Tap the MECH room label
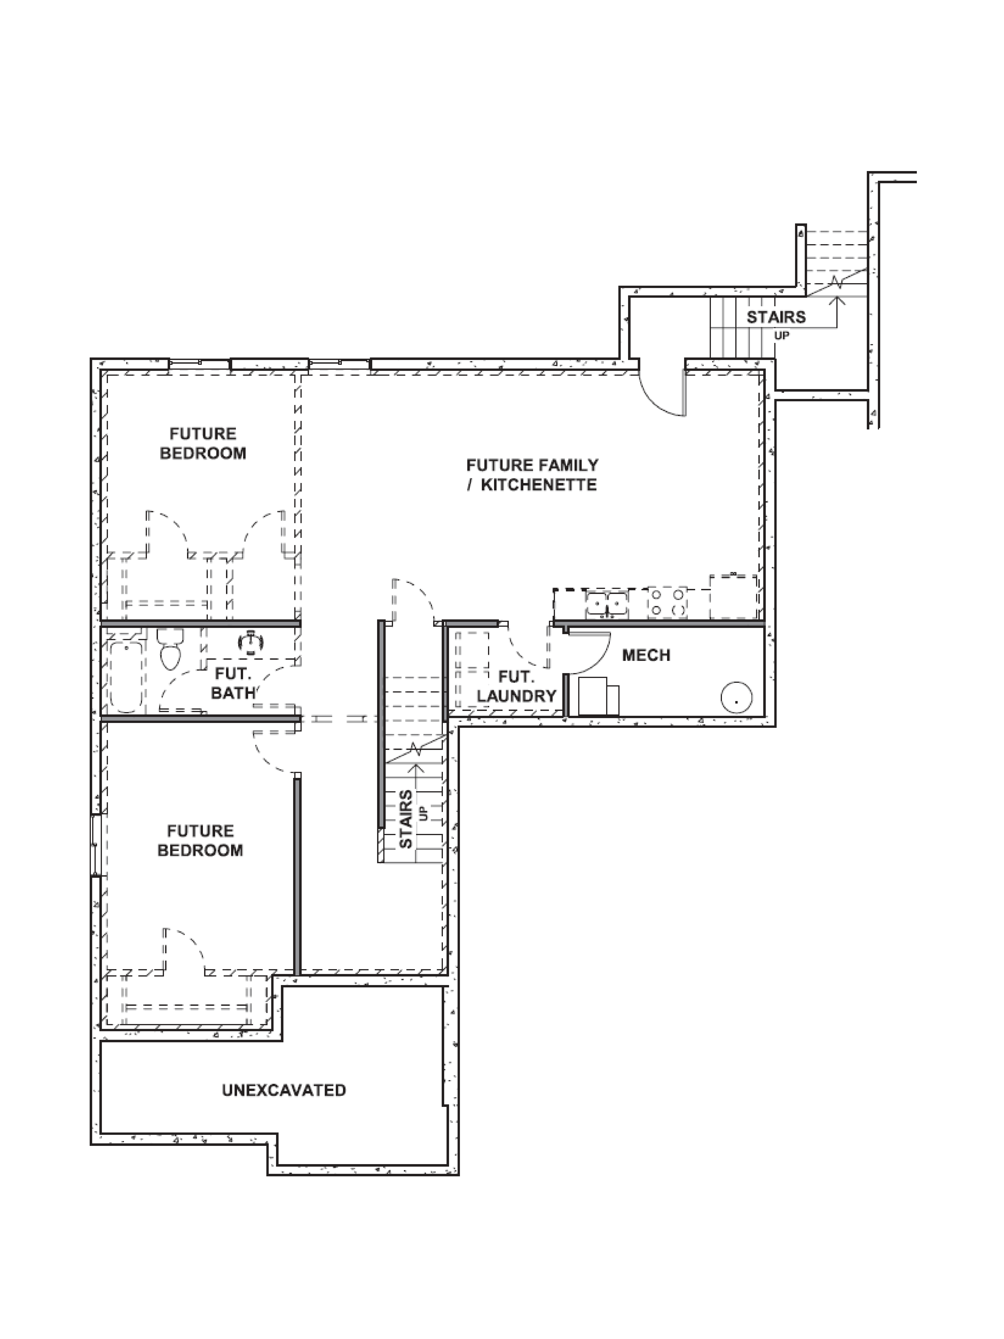(646, 655)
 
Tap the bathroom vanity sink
(251, 643)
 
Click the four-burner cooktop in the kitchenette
(667, 603)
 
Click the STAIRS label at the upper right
(776, 317)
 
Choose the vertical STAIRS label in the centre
(406, 818)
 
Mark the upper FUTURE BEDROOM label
(203, 443)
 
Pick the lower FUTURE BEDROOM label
(200, 840)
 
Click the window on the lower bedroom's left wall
(95, 845)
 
